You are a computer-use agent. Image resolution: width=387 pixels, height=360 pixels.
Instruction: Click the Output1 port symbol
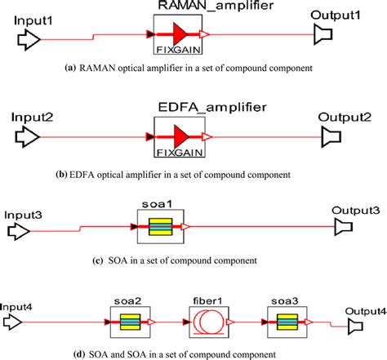point(325,34)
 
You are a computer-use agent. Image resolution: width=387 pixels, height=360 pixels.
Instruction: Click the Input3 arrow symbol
point(18,231)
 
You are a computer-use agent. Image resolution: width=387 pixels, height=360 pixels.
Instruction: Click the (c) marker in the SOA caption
point(99,260)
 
